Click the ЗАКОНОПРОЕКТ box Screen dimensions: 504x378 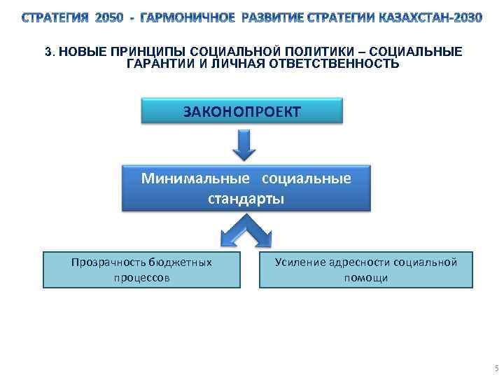pos(242,111)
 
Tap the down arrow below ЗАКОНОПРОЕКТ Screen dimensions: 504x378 pos(242,146)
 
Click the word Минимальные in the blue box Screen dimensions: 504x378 pos(183,178)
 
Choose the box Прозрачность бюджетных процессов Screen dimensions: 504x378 pos(141,269)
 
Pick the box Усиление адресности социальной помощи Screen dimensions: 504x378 pos(365,269)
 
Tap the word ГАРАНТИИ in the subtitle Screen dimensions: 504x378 pos(158,64)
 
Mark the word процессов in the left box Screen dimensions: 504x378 pos(141,278)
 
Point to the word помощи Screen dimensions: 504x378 pos(365,278)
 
